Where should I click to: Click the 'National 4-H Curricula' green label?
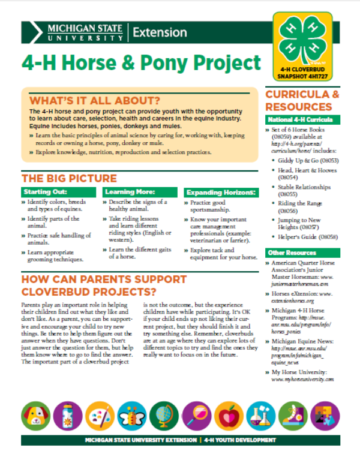(x=295, y=120)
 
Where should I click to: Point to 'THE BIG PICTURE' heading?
(x=69, y=178)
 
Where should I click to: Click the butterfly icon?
(x=131, y=414)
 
